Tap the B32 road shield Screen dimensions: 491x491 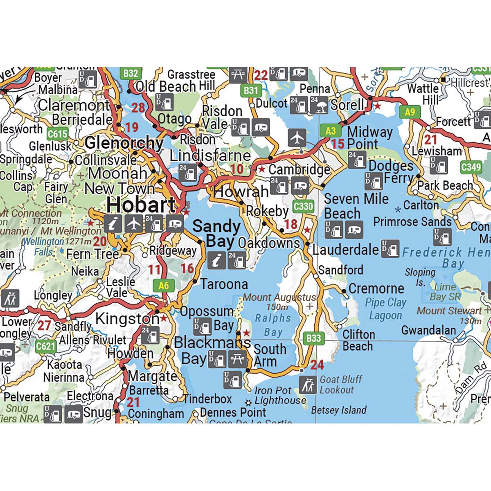[131, 73]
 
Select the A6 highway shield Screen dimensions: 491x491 [163, 285]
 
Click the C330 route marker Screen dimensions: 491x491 [303, 207]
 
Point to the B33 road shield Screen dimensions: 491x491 [314, 338]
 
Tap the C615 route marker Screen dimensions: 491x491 [57, 134]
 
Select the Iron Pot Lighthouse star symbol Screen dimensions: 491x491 [248, 402]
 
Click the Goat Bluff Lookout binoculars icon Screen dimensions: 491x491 [307, 385]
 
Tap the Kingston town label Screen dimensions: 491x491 [127, 318]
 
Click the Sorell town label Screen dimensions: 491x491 [347, 105]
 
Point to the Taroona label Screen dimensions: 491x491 [224, 284]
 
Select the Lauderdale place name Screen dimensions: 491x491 [346, 249]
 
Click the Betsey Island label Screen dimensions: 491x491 [339, 410]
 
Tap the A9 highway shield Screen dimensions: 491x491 [410, 112]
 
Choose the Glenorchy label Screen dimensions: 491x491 [124, 143]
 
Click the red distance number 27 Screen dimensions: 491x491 [44, 326]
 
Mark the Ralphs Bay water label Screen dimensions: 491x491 [273, 324]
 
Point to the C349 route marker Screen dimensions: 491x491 [471, 167]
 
